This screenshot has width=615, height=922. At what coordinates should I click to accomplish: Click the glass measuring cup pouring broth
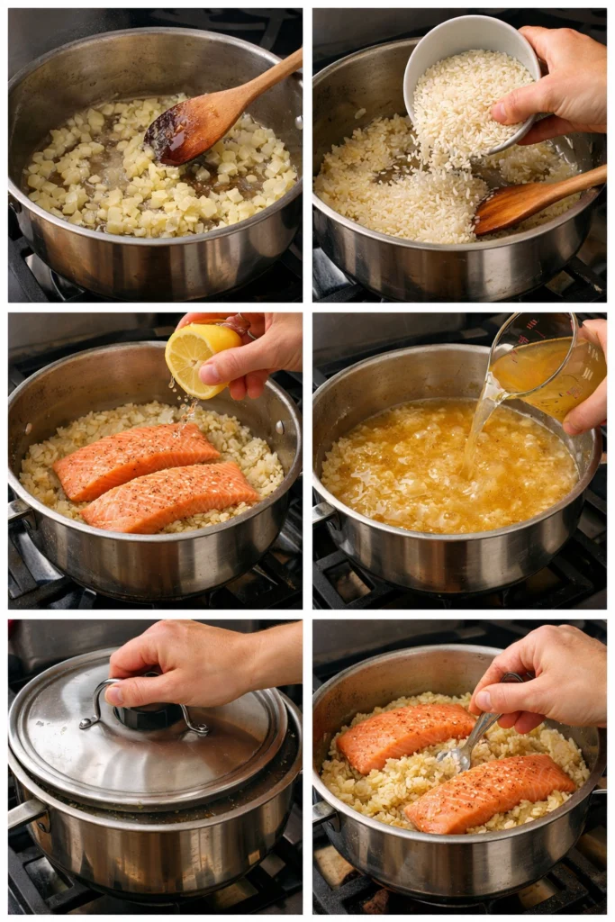[x=549, y=369]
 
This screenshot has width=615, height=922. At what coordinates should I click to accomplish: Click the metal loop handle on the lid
[x=144, y=711]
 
